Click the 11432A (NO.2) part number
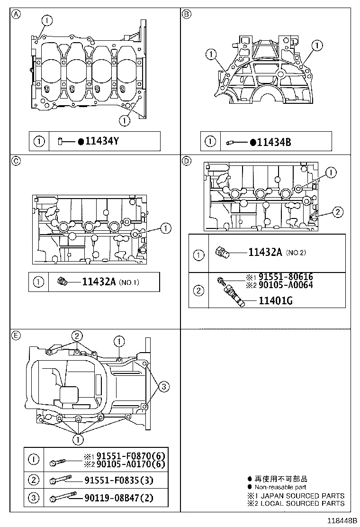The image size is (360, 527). pos(265,252)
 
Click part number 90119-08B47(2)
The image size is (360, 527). pos(120,498)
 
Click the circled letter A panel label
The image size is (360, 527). pos(16,14)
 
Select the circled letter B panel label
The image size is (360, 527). pos(186,14)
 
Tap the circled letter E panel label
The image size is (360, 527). pos(16,336)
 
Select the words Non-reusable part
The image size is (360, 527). pos(280,487)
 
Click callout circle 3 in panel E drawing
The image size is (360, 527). pos(163,387)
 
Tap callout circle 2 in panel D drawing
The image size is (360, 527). pos(336,212)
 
